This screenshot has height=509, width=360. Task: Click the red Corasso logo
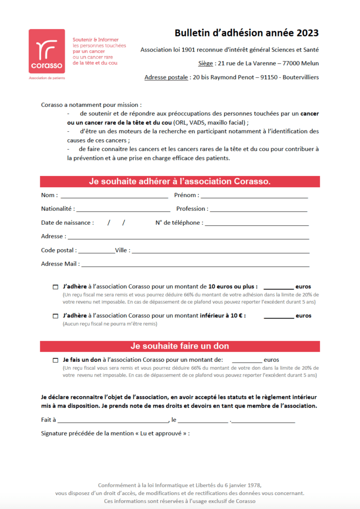click(47, 51)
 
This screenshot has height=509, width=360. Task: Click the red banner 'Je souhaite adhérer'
click(180, 182)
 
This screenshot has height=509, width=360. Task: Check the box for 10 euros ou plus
click(56, 287)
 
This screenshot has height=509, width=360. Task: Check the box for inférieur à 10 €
click(56, 316)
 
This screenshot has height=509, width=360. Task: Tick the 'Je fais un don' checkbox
click(56, 360)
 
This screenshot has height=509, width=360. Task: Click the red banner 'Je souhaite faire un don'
click(180, 346)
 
